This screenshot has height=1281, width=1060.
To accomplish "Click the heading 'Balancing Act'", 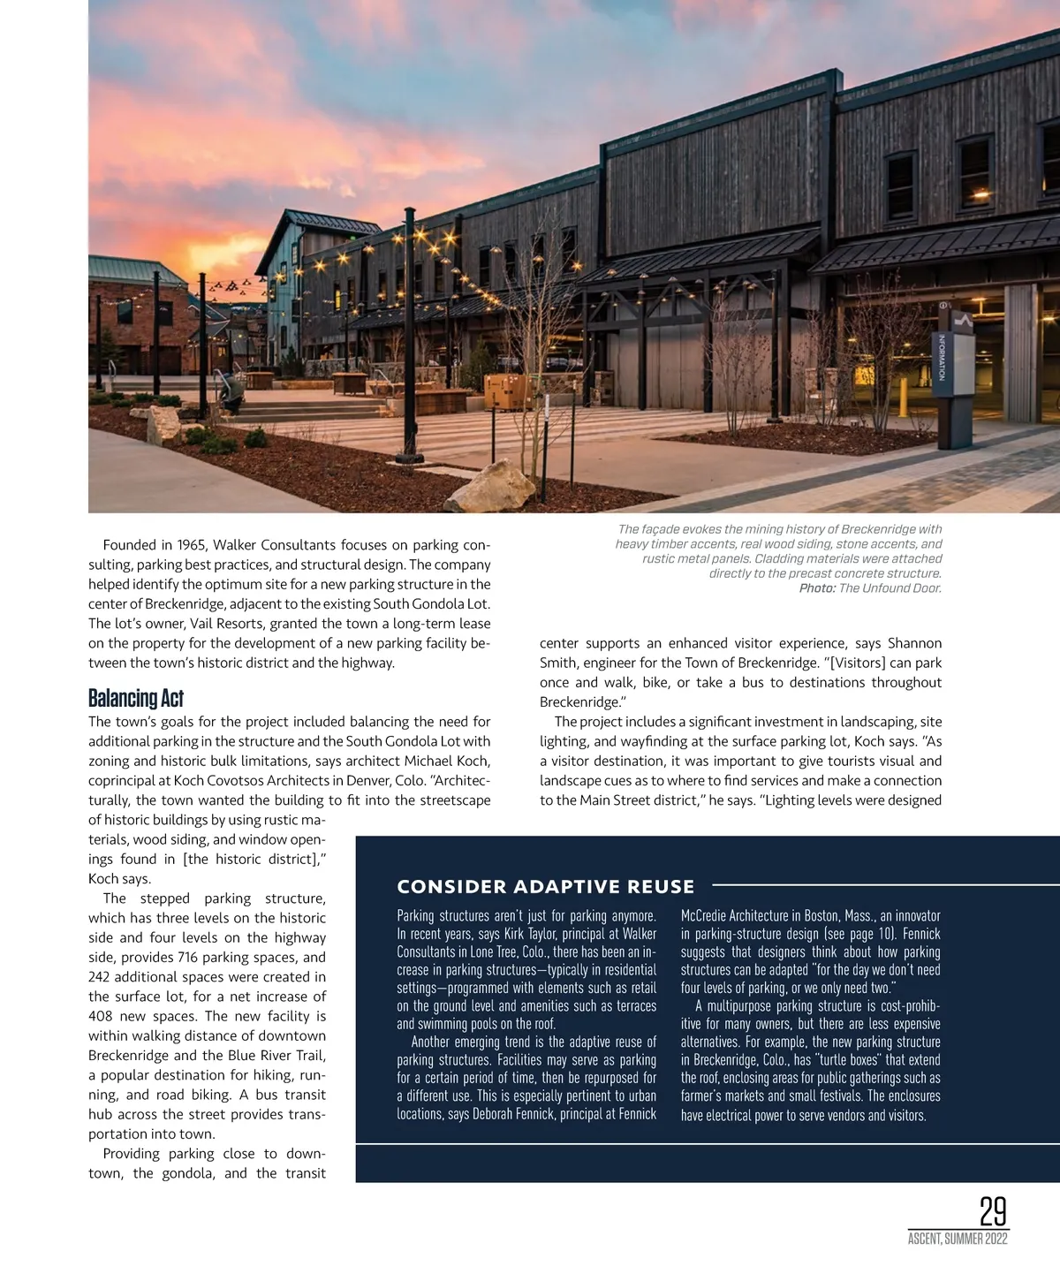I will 136,699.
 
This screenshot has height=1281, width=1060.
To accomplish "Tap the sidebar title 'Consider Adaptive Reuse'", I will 545,886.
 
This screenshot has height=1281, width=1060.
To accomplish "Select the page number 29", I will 993,1211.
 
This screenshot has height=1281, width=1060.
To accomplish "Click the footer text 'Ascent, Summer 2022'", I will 958,1239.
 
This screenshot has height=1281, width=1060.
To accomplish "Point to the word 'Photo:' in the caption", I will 817,588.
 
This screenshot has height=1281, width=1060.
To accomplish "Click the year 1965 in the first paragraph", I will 191,545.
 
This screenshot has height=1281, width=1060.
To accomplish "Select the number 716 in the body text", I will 189,958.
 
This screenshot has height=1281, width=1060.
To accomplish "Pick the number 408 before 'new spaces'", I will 101,1016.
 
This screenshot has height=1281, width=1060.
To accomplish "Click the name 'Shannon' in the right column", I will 914,643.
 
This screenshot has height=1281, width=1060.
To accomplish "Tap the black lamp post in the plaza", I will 409,336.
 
